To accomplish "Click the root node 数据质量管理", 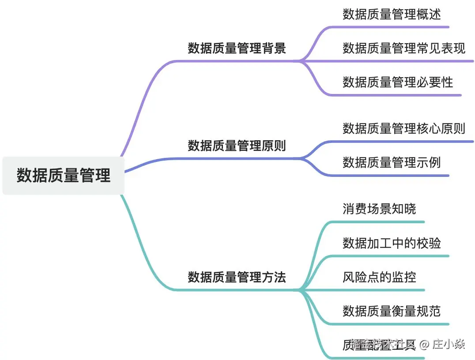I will coord(64,175).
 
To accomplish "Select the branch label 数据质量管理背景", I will coord(237,48).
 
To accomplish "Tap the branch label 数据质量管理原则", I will coord(237,146).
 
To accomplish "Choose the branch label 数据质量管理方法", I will coord(237,277).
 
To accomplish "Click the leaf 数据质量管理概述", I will coord(392,14).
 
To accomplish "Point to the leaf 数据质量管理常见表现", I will coord(403,48).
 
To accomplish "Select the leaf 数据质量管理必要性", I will coord(397,82).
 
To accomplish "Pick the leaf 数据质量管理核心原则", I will coord(403,128).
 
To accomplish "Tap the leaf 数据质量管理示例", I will coord(392,162).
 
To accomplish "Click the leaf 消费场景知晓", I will coord(379,209).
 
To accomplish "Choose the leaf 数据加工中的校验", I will coord(392,243).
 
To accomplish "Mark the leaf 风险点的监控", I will coord(379,277).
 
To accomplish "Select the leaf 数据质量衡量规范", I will coord(392,311).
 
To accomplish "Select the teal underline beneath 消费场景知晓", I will coord(380,221).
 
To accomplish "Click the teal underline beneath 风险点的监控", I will coord(380,290).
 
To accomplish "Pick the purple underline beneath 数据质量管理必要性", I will coord(397,95).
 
